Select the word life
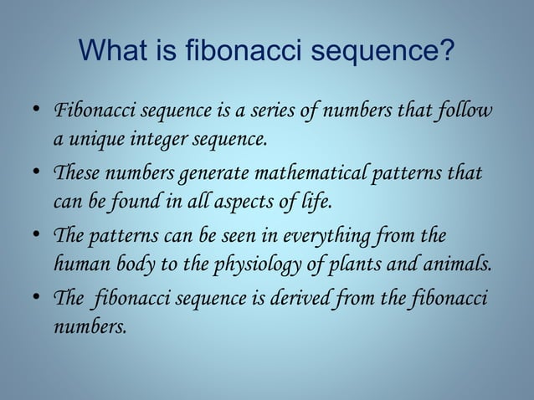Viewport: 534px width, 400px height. click(314, 201)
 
